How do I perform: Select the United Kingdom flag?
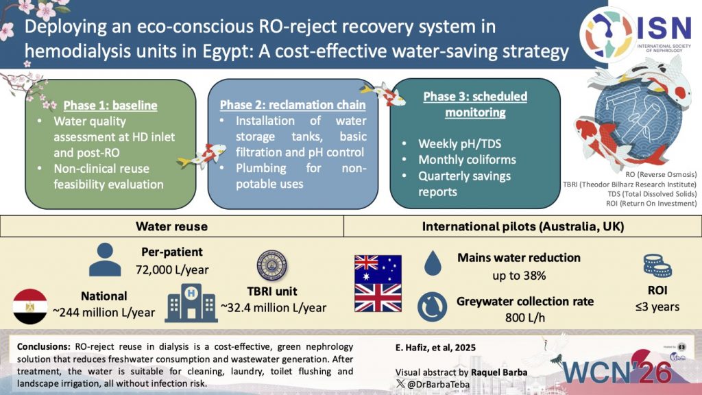click(376, 298)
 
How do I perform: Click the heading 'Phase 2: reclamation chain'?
click(293, 105)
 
